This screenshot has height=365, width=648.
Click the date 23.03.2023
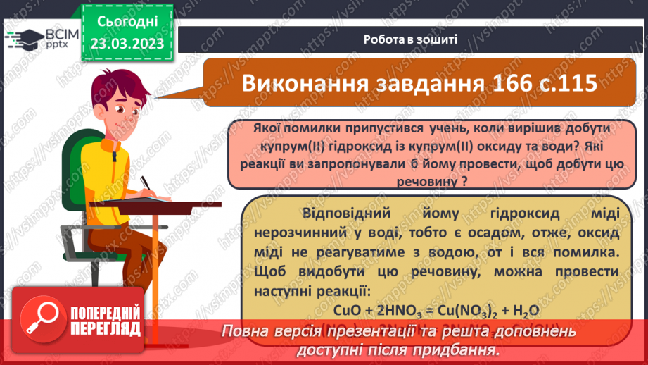128,44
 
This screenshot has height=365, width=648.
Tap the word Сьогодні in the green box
128,22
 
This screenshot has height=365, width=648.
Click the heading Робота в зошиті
411,39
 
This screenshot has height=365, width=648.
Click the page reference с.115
567,82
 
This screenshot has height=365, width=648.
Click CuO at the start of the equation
348,310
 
